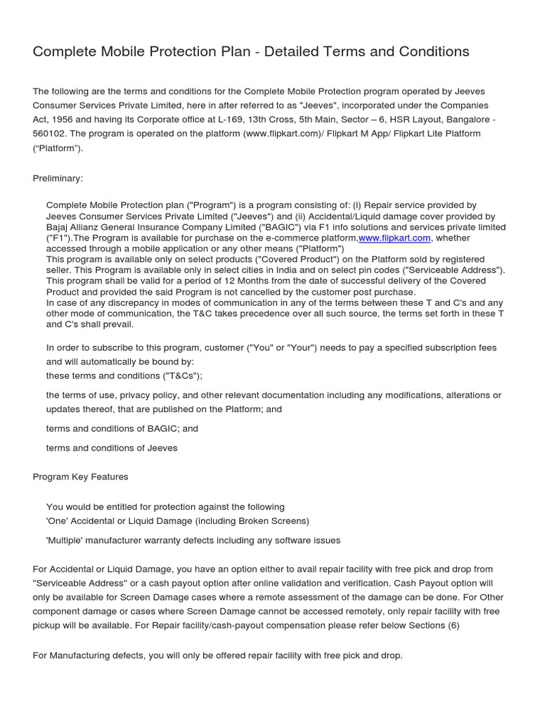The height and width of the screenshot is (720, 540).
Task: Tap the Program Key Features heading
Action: [81, 477]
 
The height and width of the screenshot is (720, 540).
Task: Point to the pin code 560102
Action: [53, 134]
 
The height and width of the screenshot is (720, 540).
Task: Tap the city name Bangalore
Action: [465, 120]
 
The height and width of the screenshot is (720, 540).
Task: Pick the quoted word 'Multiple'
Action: [67, 540]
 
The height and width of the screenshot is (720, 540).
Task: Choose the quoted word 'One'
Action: [58, 520]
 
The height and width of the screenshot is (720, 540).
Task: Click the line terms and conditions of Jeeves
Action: [112, 448]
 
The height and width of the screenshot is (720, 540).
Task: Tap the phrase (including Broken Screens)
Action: [252, 520]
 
